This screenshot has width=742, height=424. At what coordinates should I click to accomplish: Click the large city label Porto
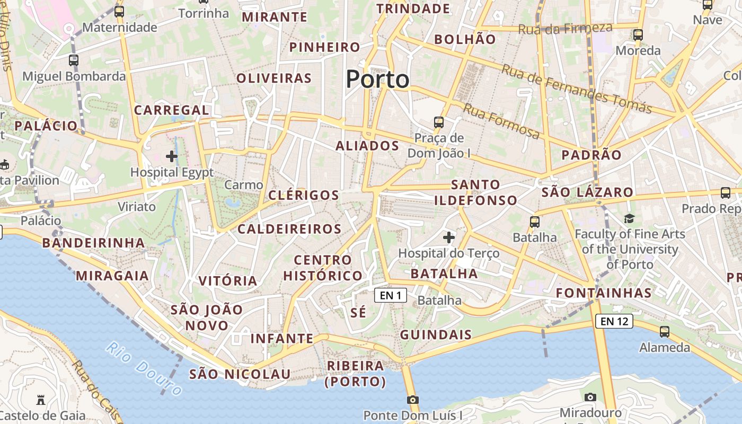[x=377, y=79]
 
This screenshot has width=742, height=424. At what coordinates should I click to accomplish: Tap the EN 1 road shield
[x=391, y=295]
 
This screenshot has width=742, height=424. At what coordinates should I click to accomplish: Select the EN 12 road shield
[x=614, y=321]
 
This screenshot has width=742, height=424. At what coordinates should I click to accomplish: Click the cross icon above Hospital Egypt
[x=172, y=156]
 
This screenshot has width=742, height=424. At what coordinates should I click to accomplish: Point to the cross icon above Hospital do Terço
[x=449, y=237]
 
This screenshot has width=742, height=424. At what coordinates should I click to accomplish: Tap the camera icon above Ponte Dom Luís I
[x=412, y=400]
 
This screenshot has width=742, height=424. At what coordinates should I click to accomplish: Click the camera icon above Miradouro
[x=590, y=397]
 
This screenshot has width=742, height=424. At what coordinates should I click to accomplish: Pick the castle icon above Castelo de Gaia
[x=41, y=400]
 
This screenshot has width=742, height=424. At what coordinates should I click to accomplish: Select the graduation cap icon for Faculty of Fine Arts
[x=629, y=218]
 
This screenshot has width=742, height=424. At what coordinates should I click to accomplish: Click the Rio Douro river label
[x=144, y=368]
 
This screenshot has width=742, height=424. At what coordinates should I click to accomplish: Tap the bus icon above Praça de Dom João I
[x=439, y=122]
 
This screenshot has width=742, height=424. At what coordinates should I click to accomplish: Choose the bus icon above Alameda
[x=664, y=332]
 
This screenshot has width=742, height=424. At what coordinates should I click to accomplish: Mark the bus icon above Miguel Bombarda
[x=74, y=60]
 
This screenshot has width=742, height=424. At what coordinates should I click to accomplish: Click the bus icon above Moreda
[x=638, y=36]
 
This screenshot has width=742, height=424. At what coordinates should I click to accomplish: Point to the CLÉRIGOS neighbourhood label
[x=304, y=195]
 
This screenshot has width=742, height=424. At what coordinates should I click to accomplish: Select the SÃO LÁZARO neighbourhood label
[x=587, y=192]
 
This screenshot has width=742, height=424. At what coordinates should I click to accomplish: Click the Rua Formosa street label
[x=501, y=121]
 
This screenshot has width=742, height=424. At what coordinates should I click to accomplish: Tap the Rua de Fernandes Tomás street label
[x=576, y=89]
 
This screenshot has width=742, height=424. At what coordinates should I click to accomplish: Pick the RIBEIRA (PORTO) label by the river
[x=356, y=373]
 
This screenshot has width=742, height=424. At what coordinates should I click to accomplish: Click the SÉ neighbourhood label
[x=359, y=313]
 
